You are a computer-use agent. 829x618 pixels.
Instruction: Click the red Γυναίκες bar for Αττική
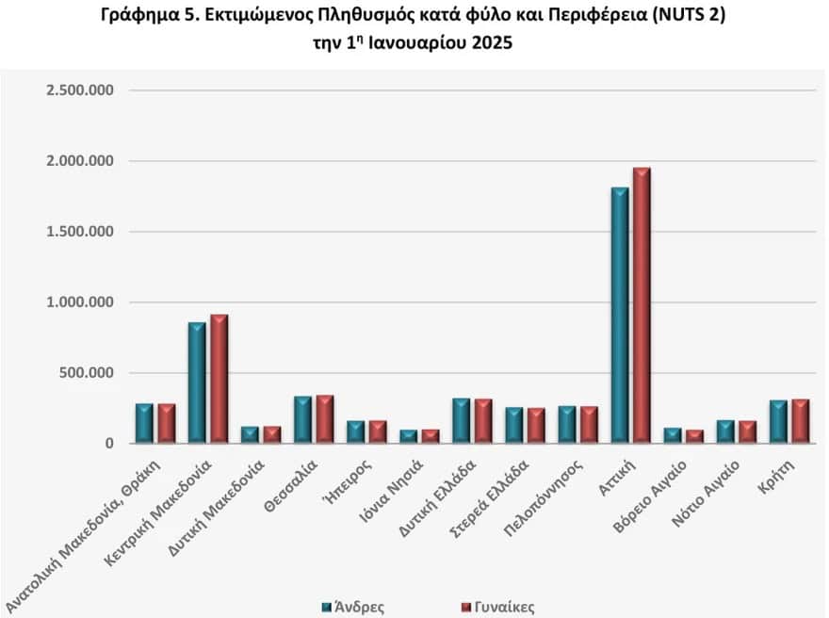642,306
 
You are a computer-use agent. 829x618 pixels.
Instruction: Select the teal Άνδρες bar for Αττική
620,316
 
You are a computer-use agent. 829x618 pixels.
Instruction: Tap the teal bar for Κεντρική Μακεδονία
197,382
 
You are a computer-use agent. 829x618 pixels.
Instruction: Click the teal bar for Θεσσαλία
302,420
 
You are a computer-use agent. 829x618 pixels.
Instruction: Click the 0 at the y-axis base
109,444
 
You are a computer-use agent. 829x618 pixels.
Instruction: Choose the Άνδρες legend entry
353,607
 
